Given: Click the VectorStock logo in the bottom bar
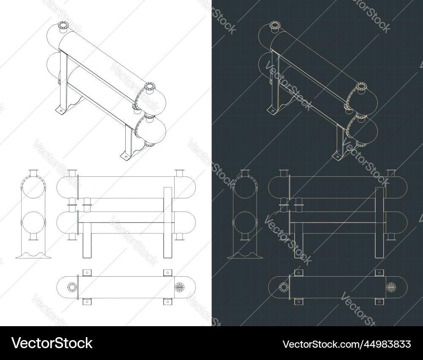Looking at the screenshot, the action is [x=52, y=343].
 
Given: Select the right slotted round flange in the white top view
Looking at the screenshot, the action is [x=179, y=287].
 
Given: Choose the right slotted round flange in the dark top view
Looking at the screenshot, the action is [x=391, y=287].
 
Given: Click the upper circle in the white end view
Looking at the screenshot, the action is [x=32, y=188].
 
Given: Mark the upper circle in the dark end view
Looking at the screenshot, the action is [x=244, y=188].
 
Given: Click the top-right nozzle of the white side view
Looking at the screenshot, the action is [x=179, y=173].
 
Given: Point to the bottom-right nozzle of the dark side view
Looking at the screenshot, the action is [x=391, y=236].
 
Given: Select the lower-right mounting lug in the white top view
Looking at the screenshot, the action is [x=168, y=302].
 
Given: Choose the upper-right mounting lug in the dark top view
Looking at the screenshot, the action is [x=379, y=272].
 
